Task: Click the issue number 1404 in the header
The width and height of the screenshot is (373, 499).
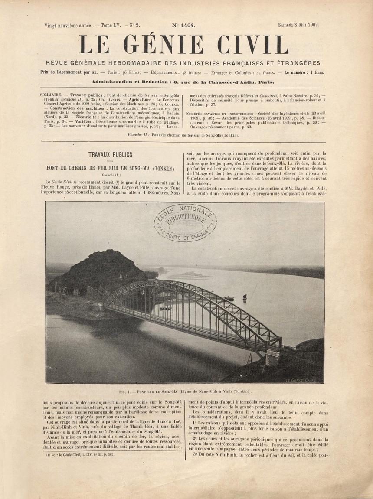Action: pos(183,25)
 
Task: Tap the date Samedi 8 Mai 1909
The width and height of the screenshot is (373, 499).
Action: pos(298,25)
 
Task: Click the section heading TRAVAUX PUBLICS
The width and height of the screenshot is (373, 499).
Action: pos(110,155)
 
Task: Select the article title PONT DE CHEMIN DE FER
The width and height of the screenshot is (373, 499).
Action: pos(110,168)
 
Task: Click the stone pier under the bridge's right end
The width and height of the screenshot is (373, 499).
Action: pos(272,356)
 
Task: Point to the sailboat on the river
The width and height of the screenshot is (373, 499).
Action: pos(244,298)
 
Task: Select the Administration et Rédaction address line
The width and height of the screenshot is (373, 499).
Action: pos(183,82)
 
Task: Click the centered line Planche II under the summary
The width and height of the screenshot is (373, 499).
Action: pos(183,135)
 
